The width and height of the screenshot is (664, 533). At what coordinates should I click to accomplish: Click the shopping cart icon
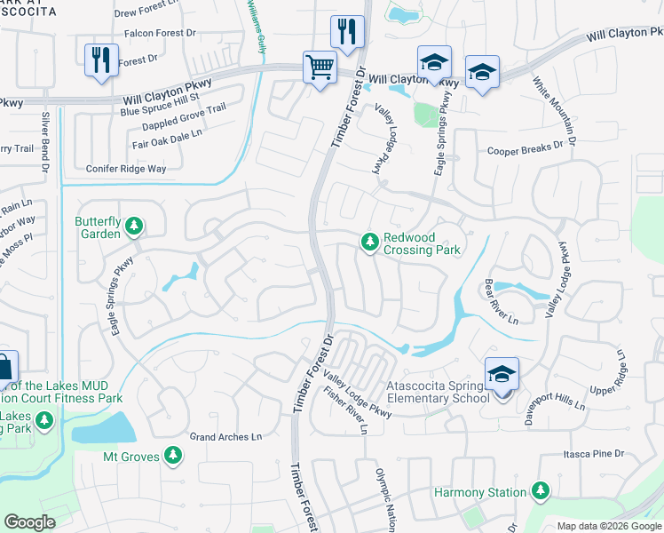point(320,67)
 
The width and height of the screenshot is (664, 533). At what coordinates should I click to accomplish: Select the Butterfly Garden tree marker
point(134,226)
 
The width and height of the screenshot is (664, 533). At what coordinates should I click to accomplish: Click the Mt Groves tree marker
point(174,457)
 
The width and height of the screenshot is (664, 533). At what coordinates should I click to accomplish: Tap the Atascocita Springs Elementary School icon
point(502,376)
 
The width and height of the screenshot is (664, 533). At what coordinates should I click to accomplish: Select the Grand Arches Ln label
point(226,437)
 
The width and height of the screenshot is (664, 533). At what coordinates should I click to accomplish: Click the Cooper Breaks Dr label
point(526,150)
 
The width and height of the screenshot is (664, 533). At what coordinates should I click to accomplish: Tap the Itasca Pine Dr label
point(595,454)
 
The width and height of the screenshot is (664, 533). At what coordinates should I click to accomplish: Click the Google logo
point(29,522)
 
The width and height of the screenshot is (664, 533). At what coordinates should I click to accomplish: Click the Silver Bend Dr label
point(43,138)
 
